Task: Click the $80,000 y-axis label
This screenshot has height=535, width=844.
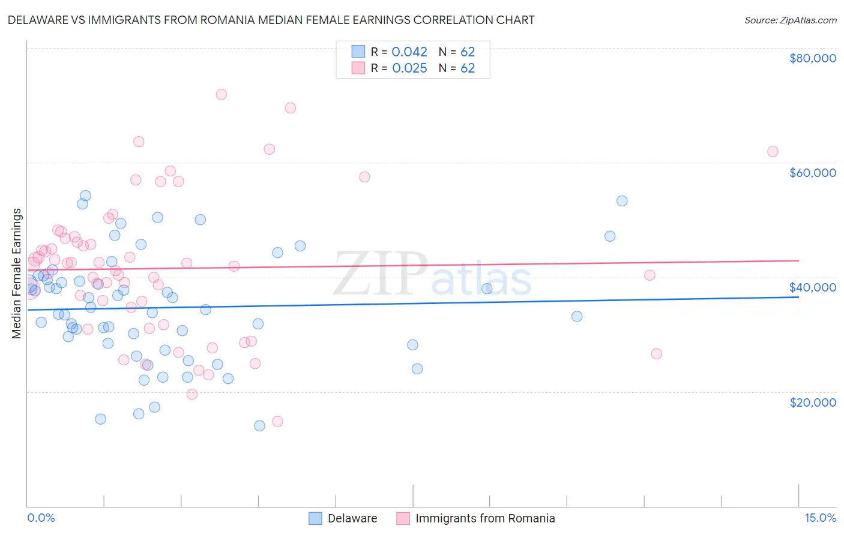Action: [812, 58]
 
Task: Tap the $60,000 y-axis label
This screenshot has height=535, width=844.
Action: [812, 173]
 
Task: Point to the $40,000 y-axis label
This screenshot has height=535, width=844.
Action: [812, 287]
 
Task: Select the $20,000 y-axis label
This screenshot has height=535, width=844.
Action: [812, 402]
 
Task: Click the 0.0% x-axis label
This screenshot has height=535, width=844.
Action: [41, 518]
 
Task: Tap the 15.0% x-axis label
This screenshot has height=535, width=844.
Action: [819, 518]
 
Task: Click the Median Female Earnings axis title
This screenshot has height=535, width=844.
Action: [17, 273]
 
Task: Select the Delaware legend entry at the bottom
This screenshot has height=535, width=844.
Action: [352, 518]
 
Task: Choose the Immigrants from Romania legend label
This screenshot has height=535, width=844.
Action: [484, 518]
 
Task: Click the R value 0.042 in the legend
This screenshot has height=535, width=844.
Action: [409, 52]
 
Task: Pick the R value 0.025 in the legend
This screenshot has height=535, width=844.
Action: [409, 68]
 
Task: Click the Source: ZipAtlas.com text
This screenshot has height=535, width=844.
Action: [790, 20]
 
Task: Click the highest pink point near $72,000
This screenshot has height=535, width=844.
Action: [221, 94]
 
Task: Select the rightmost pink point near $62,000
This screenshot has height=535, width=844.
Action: [773, 152]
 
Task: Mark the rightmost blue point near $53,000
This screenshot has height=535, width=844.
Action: [622, 201]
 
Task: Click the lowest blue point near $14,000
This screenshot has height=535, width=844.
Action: [259, 426]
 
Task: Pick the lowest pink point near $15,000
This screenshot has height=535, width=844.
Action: [277, 421]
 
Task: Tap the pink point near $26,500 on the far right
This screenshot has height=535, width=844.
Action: [656, 354]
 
